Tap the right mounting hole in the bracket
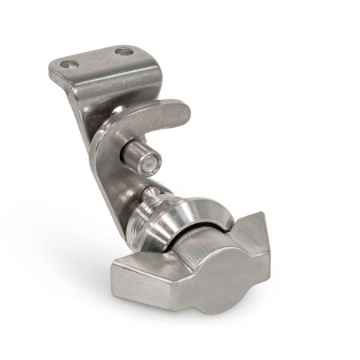(x=123, y=52)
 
